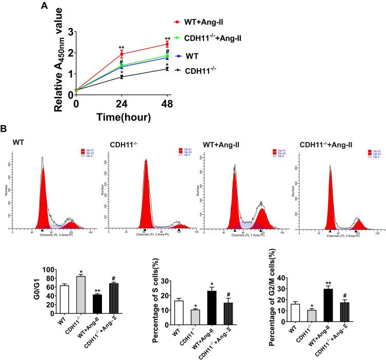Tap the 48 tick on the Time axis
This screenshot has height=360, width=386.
coord(167,102)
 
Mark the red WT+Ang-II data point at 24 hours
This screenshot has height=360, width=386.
coord(121,54)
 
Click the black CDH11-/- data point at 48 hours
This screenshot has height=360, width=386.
coord(167,69)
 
